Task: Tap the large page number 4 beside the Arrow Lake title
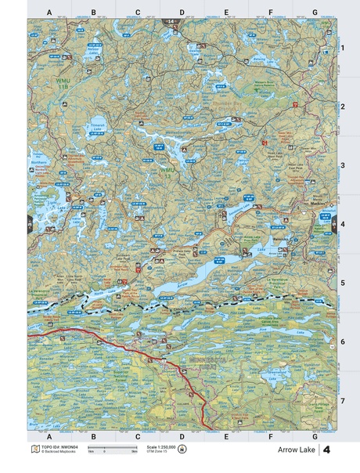click(x=326, y=450)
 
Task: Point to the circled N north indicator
click(x=183, y=450)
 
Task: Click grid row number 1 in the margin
click(x=342, y=48)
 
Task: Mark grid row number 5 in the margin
click(x=342, y=282)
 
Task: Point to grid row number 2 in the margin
click(x=342, y=107)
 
